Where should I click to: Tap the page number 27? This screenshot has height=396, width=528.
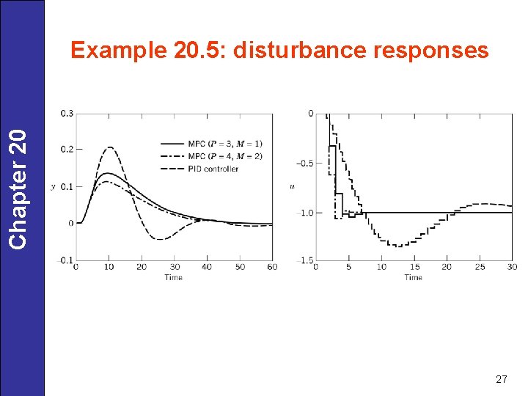click(x=502, y=379)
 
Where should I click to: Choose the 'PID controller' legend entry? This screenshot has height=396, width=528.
click(x=213, y=168)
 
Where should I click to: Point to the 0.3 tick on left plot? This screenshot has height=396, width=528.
click(x=67, y=113)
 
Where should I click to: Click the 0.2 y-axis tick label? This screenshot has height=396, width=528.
click(x=67, y=150)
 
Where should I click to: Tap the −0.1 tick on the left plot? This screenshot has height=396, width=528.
click(x=65, y=260)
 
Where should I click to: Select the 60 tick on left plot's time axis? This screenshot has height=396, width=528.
click(x=272, y=268)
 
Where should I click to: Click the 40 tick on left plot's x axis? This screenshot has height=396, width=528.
click(x=207, y=268)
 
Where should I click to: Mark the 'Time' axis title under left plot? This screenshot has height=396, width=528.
click(x=174, y=278)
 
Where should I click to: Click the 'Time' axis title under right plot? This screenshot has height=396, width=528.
click(x=414, y=278)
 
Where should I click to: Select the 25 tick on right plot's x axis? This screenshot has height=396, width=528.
click(x=480, y=268)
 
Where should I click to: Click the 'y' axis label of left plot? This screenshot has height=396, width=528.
click(x=53, y=186)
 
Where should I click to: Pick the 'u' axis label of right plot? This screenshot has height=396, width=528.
click(x=293, y=186)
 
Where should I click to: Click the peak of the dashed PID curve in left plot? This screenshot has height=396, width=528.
click(x=110, y=147)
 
